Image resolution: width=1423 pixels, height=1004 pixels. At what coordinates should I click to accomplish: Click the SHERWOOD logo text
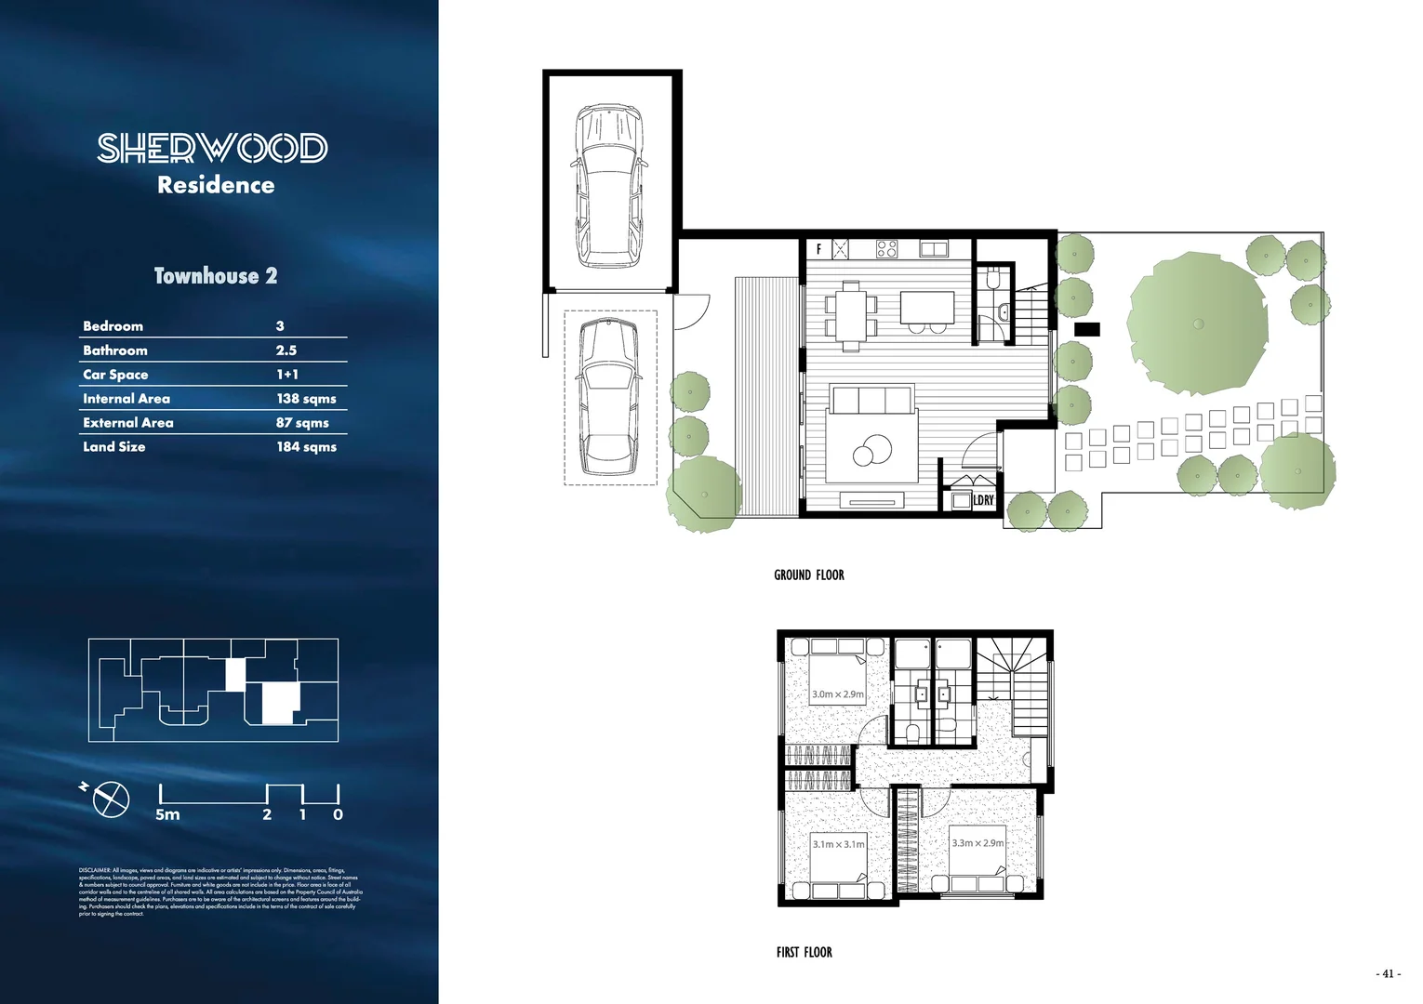coord(213,148)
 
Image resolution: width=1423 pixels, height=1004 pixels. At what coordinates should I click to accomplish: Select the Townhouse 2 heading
coord(216,276)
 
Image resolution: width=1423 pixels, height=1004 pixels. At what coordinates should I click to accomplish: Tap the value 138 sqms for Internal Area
coord(306,399)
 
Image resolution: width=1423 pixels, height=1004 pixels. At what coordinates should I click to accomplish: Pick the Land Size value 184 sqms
coord(306,447)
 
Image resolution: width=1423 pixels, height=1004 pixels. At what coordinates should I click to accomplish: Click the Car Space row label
coord(115,375)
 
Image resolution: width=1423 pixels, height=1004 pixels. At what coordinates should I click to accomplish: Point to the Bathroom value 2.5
coord(286,350)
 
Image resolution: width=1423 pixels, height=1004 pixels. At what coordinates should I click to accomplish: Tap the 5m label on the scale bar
coord(167,814)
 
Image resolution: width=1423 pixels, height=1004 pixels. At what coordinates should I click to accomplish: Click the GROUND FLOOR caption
coord(808,575)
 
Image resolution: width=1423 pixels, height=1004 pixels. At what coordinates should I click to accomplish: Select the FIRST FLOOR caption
coord(804,952)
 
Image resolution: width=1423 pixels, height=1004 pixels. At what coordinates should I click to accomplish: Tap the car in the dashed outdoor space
coord(608,397)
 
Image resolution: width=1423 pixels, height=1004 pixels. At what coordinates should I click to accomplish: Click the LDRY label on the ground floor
coord(983,500)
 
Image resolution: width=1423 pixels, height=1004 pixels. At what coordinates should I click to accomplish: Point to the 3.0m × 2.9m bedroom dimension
coord(837,694)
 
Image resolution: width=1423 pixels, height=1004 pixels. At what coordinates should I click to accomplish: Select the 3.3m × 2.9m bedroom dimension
coord(977,843)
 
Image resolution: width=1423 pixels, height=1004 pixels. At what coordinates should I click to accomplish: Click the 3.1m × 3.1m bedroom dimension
coord(838,844)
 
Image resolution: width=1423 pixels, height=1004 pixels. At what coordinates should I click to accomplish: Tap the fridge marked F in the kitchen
coord(818,249)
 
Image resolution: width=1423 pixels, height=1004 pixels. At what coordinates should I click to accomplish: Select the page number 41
coord(1388,974)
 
